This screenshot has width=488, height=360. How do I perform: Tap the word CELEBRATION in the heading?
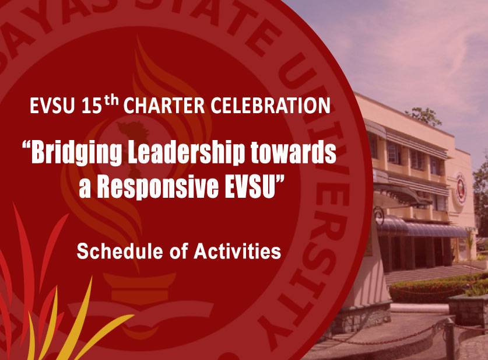point(270,106)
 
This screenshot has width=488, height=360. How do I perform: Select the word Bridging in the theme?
point(76,152)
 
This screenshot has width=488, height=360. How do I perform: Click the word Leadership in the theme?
point(186,152)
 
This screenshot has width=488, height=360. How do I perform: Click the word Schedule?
point(120,251)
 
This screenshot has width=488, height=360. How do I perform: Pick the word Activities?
point(237,251)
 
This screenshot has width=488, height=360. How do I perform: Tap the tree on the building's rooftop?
point(424,117)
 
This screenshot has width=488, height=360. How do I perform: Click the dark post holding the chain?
point(449,338)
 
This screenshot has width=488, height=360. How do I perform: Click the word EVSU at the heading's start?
point(52,106)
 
